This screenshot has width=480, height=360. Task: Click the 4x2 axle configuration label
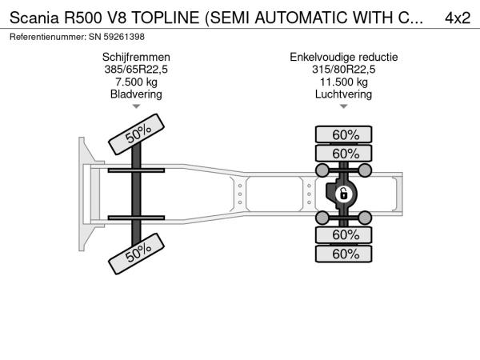pyautogui.click(x=458, y=18)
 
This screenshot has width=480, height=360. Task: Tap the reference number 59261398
pyautogui.click(x=124, y=37)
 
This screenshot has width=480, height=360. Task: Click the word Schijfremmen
pyautogui.click(x=136, y=58)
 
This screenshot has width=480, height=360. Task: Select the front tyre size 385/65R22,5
pyautogui.click(x=136, y=70)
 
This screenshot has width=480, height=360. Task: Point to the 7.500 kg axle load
pyautogui.click(x=136, y=82)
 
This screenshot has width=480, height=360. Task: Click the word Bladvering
pyautogui.click(x=136, y=94)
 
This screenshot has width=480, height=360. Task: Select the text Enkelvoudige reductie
pyautogui.click(x=344, y=58)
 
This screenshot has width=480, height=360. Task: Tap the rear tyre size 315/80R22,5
pyautogui.click(x=344, y=70)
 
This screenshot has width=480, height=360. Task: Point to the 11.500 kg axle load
pyautogui.click(x=344, y=82)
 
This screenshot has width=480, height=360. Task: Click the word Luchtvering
pyautogui.click(x=344, y=94)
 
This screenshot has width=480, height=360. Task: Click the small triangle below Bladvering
pyautogui.click(x=136, y=106)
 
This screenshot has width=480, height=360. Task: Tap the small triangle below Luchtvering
pyautogui.click(x=344, y=106)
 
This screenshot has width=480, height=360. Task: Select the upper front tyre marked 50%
pyautogui.click(x=137, y=134)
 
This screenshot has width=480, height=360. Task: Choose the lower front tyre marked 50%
pyautogui.click(x=137, y=254)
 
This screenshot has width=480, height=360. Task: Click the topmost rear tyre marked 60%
pyautogui.click(x=344, y=134)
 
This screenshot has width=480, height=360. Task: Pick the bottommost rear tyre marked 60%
pyautogui.click(x=344, y=254)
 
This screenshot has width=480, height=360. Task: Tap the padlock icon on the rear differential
pyautogui.click(x=344, y=194)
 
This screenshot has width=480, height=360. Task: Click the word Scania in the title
pyautogui.click(x=34, y=18)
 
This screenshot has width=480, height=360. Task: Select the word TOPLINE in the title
pyautogui.click(x=166, y=18)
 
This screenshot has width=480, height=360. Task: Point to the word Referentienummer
pyautogui.click(x=48, y=37)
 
